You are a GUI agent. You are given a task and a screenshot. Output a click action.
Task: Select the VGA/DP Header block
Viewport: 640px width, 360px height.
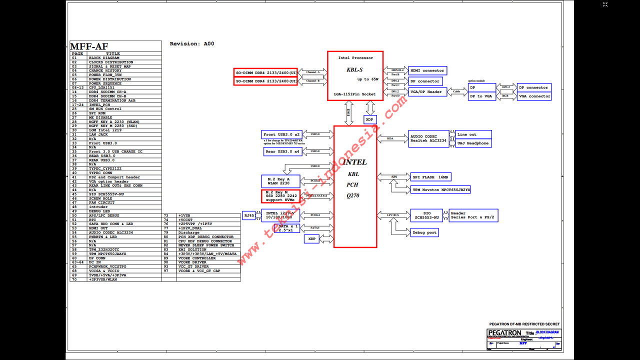pyautogui.click(x=427, y=92)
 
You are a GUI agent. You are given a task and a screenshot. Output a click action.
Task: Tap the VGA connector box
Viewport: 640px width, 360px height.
pyautogui.click(x=534, y=96)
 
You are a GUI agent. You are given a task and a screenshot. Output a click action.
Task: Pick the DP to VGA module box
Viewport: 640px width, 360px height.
pyautogui.click(x=482, y=96)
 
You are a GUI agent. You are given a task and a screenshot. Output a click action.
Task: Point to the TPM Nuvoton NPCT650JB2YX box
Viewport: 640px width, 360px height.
pyautogui.click(x=440, y=190)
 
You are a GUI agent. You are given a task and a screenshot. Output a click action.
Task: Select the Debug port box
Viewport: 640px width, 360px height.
pyautogui.click(x=424, y=232)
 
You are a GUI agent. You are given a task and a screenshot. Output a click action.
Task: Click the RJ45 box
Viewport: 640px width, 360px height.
pyautogui.click(x=248, y=215)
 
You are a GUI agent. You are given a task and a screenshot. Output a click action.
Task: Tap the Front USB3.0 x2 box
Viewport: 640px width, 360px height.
pyautogui.click(x=282, y=135)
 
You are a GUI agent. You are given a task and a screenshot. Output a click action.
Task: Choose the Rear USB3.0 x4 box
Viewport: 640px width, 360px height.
pyautogui.click(x=282, y=151)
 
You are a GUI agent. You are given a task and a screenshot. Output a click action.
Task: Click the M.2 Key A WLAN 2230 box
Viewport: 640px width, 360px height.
pyautogui.click(x=280, y=181)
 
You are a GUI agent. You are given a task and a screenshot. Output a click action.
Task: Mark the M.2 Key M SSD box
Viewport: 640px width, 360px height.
pyautogui.click(x=280, y=196)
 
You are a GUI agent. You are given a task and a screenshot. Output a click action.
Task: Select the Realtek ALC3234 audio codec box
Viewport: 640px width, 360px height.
pyautogui.click(x=428, y=138)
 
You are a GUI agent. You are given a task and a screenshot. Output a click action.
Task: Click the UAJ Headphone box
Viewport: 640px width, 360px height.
pyautogui.click(x=473, y=143)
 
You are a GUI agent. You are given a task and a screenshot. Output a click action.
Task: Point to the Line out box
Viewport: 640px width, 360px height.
pyautogui.click(x=473, y=134)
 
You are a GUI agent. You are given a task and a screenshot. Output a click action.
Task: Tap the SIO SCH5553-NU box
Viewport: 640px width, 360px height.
pyautogui.click(x=427, y=215)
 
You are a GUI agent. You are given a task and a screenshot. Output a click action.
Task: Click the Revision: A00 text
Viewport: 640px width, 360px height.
pyautogui.click(x=192, y=44)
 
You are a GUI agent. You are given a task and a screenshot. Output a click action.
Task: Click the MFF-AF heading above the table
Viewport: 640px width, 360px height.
pyautogui.click(x=89, y=46)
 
